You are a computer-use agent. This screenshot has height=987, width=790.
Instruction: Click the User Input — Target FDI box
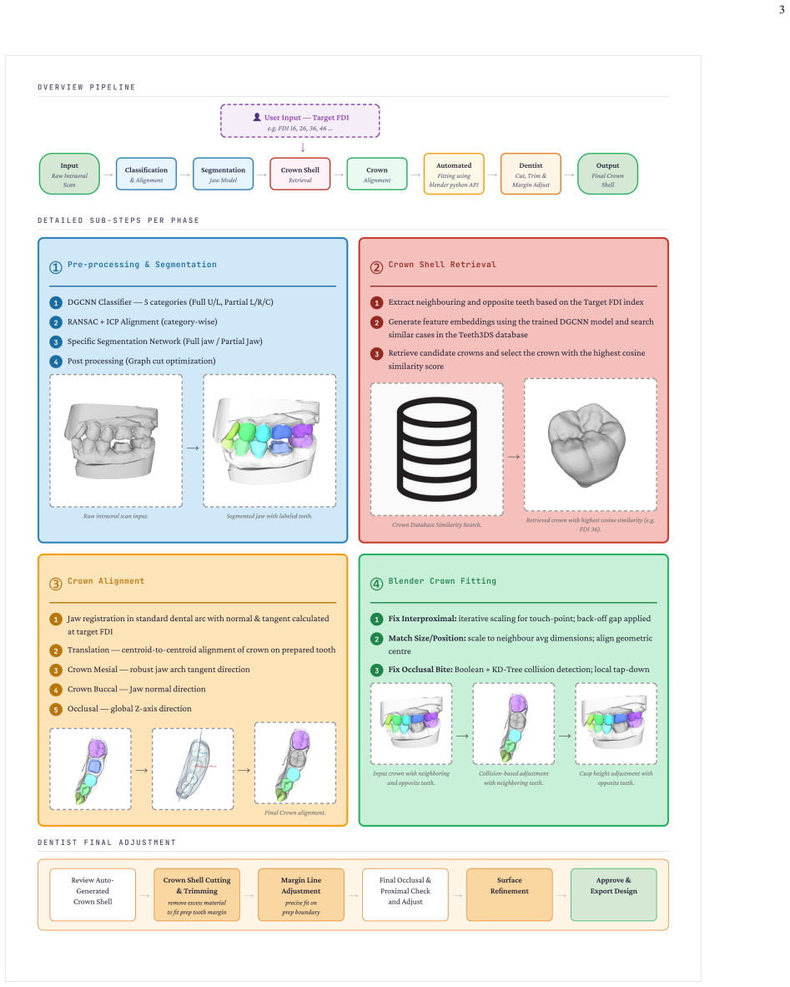pyautogui.click(x=300, y=121)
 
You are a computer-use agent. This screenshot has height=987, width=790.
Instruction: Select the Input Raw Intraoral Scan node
pyautogui.click(x=69, y=174)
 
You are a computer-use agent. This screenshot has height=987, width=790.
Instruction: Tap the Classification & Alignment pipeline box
pyautogui.click(x=146, y=174)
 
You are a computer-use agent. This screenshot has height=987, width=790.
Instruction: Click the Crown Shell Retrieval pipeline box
pyautogui.click(x=300, y=174)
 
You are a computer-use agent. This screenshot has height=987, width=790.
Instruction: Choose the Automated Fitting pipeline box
pyautogui.click(x=454, y=174)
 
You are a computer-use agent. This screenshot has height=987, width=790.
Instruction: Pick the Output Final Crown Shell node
pyautogui.click(x=607, y=174)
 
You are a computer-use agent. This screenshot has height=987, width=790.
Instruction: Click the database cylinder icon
pyautogui.click(x=436, y=448)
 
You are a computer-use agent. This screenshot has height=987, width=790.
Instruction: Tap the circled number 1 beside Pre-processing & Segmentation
pyautogui.click(x=56, y=267)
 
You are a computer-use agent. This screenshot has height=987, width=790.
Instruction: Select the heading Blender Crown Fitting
pyautogui.click(x=442, y=581)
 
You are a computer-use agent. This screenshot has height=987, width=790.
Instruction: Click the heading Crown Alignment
pyautogui.click(x=106, y=581)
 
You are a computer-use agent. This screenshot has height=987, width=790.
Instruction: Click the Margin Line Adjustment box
pyautogui.click(x=301, y=894)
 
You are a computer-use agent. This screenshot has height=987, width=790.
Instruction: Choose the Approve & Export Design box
pyautogui.click(x=614, y=894)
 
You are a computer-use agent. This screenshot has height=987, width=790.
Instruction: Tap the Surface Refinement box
pyautogui.click(x=510, y=894)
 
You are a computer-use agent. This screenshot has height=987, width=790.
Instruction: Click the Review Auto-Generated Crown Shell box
pyautogui.click(x=93, y=894)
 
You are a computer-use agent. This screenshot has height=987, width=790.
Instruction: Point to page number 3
pyautogui.click(x=782, y=9)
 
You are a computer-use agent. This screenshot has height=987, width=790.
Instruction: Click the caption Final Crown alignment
pyautogui.click(x=295, y=812)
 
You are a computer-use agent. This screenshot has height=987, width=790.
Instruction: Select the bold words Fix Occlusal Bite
pyautogui.click(x=420, y=670)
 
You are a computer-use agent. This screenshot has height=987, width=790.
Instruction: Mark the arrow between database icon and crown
pyautogui.click(x=514, y=457)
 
